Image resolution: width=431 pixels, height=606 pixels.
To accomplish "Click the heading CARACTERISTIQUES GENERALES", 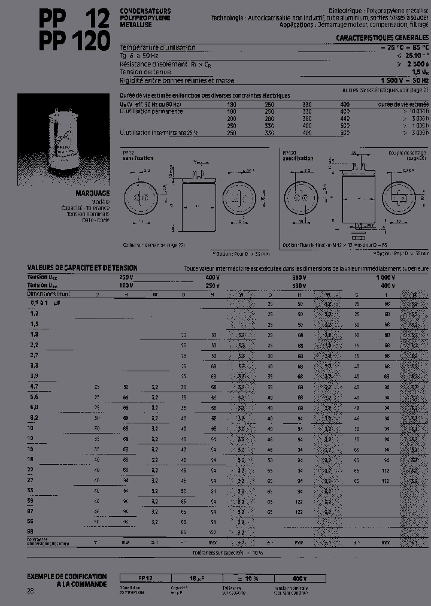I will tap(382, 37).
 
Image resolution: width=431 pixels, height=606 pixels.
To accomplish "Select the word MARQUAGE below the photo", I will tap(92, 193).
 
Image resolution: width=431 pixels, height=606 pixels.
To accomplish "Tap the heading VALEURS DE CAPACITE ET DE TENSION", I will tap(82, 268).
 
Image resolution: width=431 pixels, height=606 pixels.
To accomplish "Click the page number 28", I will tap(31, 591).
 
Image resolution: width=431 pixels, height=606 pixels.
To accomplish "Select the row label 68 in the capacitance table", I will tap(31, 531).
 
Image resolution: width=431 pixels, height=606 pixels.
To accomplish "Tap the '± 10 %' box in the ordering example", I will tap(248, 578).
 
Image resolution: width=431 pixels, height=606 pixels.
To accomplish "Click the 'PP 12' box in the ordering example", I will tap(145, 578).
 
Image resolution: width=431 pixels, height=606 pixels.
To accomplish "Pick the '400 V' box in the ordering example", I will tap(299, 578).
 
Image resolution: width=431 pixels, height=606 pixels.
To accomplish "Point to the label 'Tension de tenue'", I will tap(144, 72).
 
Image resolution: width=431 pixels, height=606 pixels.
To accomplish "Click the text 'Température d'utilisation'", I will tap(157, 47).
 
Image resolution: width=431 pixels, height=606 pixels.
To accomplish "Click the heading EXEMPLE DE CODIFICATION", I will tap(67, 575).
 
